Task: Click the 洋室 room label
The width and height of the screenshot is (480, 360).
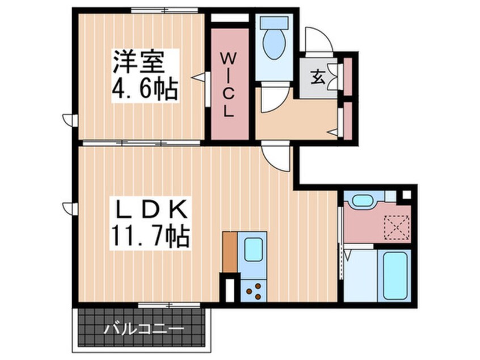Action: (138, 62)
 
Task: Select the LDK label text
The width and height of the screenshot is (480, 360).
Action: (151, 209)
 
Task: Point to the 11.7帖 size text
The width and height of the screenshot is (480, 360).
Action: (150, 236)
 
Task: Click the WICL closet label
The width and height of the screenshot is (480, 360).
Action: (228, 85)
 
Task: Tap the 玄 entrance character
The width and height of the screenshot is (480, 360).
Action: (318, 78)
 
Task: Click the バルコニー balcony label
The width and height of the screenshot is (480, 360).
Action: (144, 330)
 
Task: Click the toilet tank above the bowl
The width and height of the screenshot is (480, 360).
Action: (274, 23)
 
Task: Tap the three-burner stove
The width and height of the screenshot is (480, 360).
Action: (254, 291)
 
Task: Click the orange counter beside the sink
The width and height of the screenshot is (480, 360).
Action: (230, 252)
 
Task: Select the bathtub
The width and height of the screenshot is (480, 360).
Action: (395, 276)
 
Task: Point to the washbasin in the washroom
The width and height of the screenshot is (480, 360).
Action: (363, 201)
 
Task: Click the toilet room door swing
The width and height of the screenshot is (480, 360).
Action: (274, 99)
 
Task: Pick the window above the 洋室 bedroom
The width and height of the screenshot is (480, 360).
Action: (165, 10)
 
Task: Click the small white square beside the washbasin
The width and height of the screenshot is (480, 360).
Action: (390, 196)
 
